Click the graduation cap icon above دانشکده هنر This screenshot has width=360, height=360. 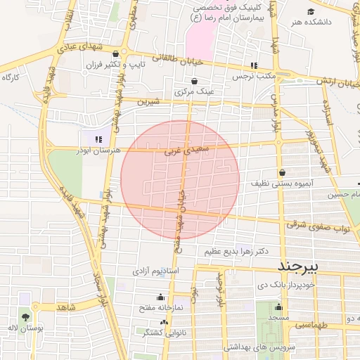click(x=311, y=11)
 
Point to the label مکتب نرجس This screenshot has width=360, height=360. click(x=252, y=75)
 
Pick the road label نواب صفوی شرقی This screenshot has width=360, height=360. click(x=319, y=225)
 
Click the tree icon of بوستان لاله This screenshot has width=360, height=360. click(x=25, y=316)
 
